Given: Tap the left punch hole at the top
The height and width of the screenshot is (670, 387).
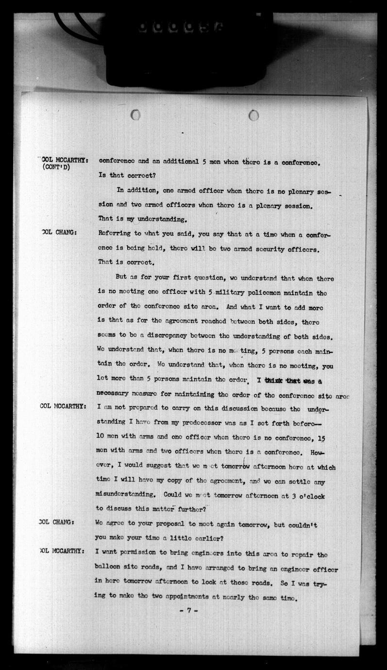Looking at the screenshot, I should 135,115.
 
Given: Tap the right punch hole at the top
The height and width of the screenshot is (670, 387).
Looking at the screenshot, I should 253,115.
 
